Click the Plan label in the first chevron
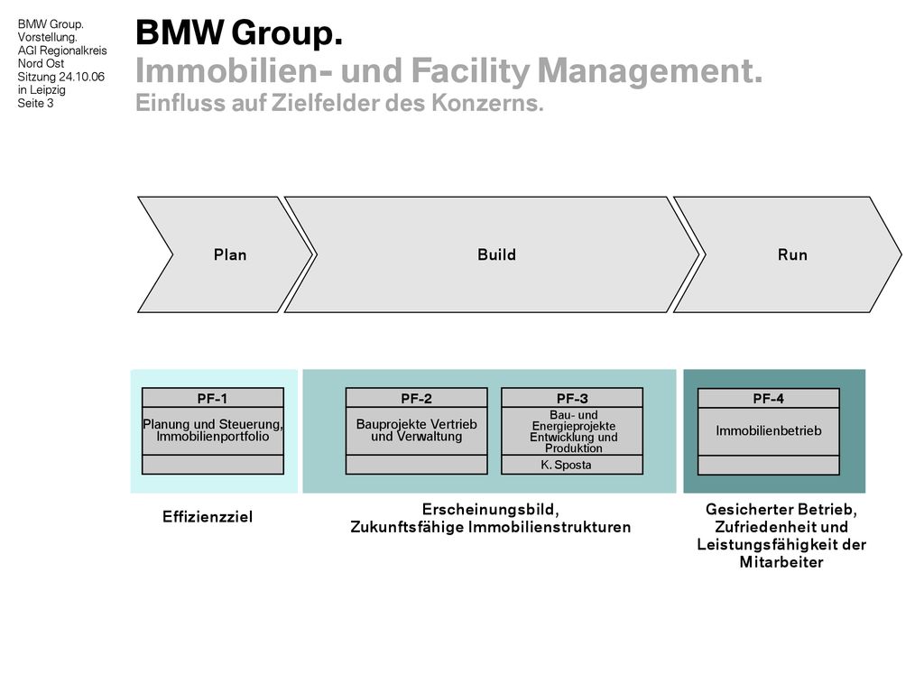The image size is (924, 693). [x=230, y=254]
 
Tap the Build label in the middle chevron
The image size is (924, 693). [x=497, y=254]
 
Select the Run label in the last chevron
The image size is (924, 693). [x=792, y=254]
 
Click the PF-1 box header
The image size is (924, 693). [x=213, y=398]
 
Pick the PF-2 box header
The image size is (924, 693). [x=417, y=398]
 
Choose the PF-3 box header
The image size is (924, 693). [x=572, y=398]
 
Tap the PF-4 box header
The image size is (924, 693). [x=769, y=398]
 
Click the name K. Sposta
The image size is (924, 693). [x=566, y=465]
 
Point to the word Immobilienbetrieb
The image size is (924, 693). [x=769, y=430]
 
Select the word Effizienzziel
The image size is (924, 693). [x=208, y=517]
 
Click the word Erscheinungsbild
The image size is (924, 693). [x=490, y=509]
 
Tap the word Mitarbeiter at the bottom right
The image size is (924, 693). [x=781, y=562]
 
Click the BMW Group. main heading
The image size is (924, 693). [x=238, y=32]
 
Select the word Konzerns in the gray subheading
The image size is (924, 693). [x=486, y=103]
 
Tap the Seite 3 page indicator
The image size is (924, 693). [x=35, y=103]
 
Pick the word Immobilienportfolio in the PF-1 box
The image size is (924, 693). [x=213, y=437]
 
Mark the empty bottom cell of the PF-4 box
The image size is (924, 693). [x=769, y=465]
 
